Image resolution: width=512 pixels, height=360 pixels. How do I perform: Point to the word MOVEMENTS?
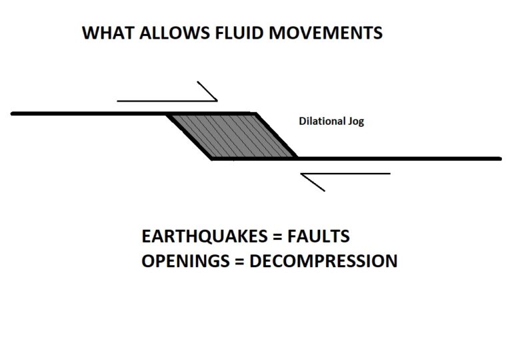pyautogui.click(x=325, y=33)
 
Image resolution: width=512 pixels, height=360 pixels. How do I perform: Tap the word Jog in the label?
pyautogui.click(x=356, y=122)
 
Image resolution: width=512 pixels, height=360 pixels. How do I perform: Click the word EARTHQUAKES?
pyautogui.click(x=205, y=236)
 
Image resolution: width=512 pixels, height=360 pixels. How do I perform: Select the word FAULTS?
pyautogui.click(x=319, y=236)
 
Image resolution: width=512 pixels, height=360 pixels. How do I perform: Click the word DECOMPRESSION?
pyautogui.click(x=323, y=261)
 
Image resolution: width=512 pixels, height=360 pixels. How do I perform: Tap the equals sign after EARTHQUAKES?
pyautogui.click(x=277, y=236)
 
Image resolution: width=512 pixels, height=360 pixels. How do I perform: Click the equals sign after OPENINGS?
pyautogui.click(x=239, y=262)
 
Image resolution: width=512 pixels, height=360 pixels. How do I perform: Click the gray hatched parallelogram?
pyautogui.click(x=232, y=136)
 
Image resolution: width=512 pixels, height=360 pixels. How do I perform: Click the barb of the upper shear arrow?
pyautogui.click(x=207, y=91)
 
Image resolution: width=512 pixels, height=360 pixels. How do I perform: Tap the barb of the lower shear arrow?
pyautogui.click(x=313, y=182)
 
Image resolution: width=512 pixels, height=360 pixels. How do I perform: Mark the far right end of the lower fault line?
pyautogui.click(x=501, y=159)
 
